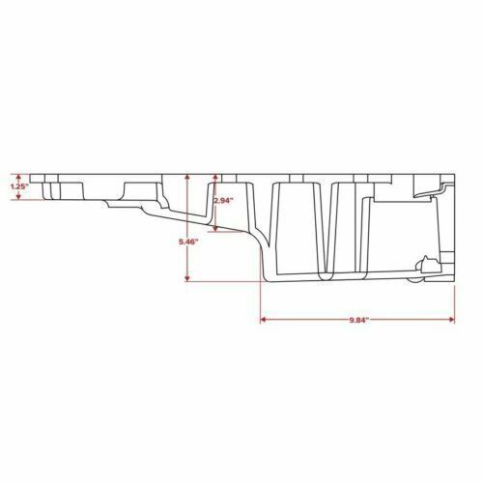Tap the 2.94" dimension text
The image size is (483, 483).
pos(223,201)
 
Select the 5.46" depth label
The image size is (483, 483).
pos(189,242)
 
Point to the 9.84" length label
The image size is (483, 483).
pos(358,319)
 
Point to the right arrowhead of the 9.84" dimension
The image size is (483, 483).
pos(453,319)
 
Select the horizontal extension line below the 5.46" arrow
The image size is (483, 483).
pos(222,280)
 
